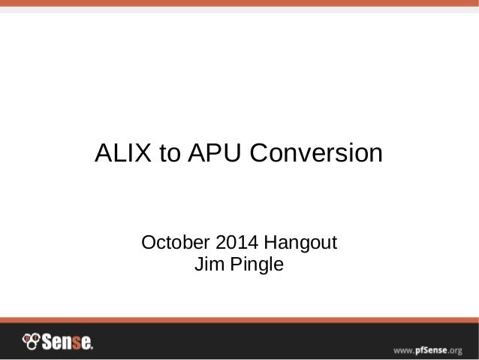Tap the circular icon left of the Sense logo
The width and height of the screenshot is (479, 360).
[x=30, y=341]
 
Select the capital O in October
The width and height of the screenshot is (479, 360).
[x=149, y=244]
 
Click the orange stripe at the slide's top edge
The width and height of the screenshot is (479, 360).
[x=239, y=4]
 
